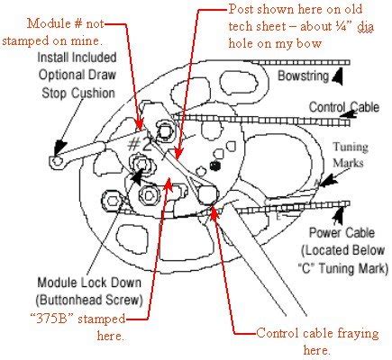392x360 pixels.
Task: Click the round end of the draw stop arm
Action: pyautogui.click(x=57, y=160)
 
